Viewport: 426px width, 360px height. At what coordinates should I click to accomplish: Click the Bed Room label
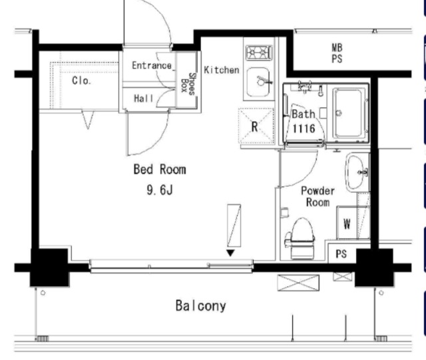160,169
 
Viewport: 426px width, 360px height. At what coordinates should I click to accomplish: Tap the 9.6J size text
160,190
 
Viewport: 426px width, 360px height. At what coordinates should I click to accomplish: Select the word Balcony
201,305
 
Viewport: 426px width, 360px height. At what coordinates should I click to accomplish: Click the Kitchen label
222,70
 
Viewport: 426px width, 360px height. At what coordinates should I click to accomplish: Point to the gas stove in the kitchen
259,52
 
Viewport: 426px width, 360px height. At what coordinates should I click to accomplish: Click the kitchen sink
258,82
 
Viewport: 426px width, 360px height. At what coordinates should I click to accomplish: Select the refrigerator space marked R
256,126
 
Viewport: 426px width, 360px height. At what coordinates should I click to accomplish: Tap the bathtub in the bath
349,112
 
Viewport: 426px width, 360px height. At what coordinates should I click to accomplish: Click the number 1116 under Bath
304,128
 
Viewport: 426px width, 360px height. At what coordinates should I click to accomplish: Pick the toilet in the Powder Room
300,238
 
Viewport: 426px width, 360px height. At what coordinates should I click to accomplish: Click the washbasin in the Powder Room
356,172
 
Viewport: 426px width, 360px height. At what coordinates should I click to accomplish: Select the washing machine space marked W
347,223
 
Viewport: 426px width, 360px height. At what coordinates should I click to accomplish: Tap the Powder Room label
318,196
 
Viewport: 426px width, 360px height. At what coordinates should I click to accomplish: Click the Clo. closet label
81,81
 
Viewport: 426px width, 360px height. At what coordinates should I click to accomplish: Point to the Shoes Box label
188,84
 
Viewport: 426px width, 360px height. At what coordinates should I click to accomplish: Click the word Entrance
152,65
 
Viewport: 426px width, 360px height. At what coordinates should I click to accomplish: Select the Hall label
144,98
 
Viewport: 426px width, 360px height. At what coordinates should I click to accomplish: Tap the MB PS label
337,53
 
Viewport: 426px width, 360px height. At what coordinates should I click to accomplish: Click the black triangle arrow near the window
230,253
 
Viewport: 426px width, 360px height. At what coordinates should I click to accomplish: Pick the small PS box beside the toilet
341,254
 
